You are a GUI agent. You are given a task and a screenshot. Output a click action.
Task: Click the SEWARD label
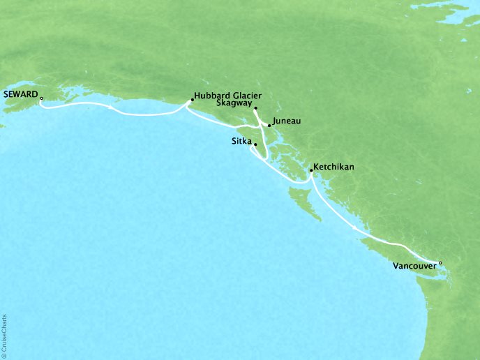click(x=20, y=91)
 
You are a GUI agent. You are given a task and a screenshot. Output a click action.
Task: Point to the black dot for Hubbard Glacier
click(x=192, y=100)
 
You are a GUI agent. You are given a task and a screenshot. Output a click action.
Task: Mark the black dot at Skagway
click(x=255, y=109)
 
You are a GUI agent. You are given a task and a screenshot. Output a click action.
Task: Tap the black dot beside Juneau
click(x=269, y=126)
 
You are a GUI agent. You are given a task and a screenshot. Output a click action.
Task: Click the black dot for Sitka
click(x=256, y=144)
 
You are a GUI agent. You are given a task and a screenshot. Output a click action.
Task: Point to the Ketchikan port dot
click(x=310, y=170)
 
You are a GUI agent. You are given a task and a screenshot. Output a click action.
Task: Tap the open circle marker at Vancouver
click(x=440, y=263)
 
